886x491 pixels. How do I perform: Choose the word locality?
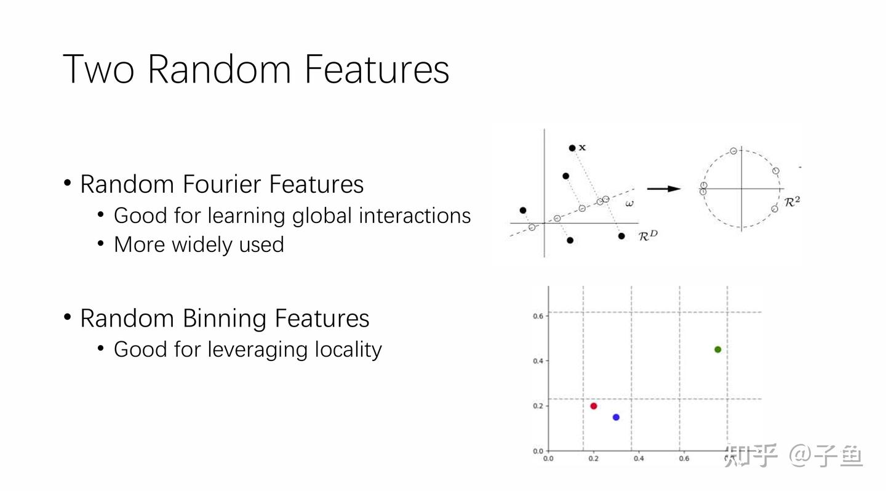tap(348, 349)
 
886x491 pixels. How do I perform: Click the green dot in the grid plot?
tap(717, 349)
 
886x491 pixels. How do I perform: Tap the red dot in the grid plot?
tap(594, 406)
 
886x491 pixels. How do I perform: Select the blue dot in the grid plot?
tap(616, 417)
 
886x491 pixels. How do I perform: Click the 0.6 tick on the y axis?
tap(538, 316)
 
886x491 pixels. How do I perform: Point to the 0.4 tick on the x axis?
tap(639, 458)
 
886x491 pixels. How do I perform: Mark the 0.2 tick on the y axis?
tap(538, 406)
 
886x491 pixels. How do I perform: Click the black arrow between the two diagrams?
tap(664, 189)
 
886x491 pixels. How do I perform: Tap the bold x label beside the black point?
tap(583, 148)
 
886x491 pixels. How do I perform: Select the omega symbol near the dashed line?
tap(629, 203)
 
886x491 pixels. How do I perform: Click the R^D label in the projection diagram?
tap(648, 235)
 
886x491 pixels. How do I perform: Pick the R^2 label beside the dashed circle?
tap(792, 201)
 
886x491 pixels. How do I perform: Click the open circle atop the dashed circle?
tap(733, 151)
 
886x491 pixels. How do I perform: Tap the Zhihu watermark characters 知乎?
tap(751, 456)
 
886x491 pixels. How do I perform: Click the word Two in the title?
tap(98, 69)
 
